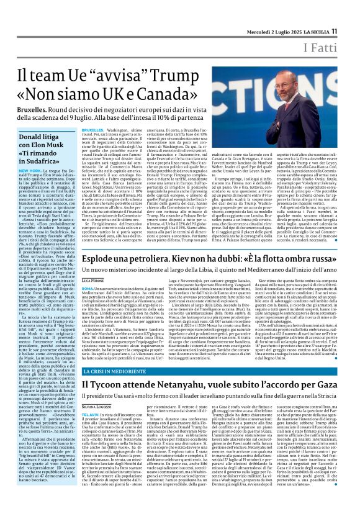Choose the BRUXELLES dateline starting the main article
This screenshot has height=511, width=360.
pos(93,131)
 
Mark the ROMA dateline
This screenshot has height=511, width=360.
pos(88,288)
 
